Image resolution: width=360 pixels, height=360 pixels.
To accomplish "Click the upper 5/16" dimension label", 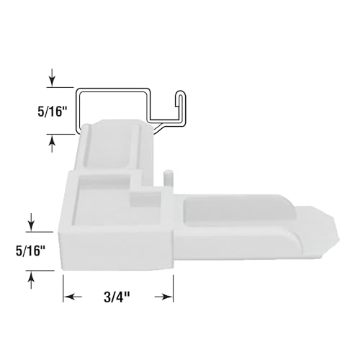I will [x=26, y=112].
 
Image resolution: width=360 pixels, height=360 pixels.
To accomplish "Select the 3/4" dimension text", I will [x=119, y=297].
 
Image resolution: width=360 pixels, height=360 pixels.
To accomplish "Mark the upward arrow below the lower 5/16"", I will [x=30, y=277].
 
